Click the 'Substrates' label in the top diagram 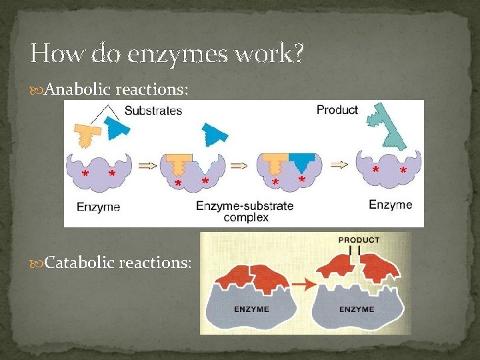point(153,111)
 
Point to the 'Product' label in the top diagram point(337,110)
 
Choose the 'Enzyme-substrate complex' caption point(245,211)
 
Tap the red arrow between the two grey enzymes point(303,283)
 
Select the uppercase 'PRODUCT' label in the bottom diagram point(359,240)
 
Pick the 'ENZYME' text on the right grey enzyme point(357,309)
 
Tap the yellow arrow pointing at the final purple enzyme point(339,165)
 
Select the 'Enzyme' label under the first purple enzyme point(99,207)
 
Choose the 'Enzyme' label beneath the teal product point(391,205)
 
